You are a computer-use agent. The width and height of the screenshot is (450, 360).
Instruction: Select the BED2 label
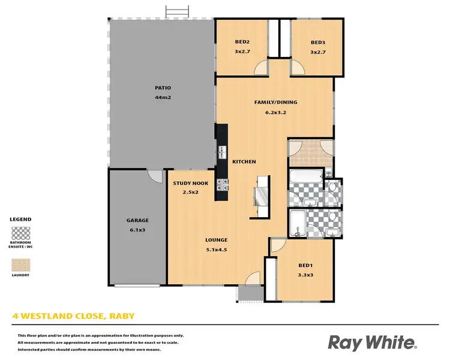[x=242, y=42]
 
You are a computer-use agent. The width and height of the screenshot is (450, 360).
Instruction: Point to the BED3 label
[x=317, y=42]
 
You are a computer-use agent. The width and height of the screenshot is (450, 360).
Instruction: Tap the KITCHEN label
[x=244, y=161]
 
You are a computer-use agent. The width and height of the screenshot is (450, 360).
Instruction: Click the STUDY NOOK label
[x=190, y=183]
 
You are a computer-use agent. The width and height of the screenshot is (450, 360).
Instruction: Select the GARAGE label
[x=137, y=220]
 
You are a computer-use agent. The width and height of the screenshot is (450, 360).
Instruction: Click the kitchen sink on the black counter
[x=222, y=152]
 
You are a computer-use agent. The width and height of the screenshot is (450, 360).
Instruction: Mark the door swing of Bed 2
[x=261, y=69]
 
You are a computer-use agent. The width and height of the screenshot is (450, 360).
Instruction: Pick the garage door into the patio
[x=155, y=176]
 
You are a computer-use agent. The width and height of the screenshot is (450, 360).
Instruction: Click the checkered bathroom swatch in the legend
[x=21, y=233]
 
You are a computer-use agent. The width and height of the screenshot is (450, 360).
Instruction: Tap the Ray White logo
[x=372, y=343]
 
